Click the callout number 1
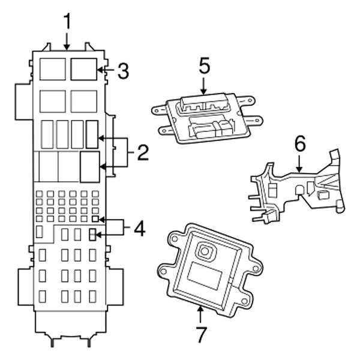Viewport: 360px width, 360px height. click(67, 22)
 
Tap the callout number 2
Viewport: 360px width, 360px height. click(142, 153)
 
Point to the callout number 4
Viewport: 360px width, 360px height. click(138, 229)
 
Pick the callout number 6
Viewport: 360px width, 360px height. click(299, 144)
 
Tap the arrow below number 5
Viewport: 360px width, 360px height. click(203, 87)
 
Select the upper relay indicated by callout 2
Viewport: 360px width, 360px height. click(91, 134)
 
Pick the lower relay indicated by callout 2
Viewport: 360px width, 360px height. click(89, 166)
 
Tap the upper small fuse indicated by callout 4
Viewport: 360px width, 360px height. click(94, 221)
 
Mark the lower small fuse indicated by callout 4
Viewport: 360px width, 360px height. click(92, 235)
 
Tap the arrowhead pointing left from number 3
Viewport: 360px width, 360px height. click(101, 71)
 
